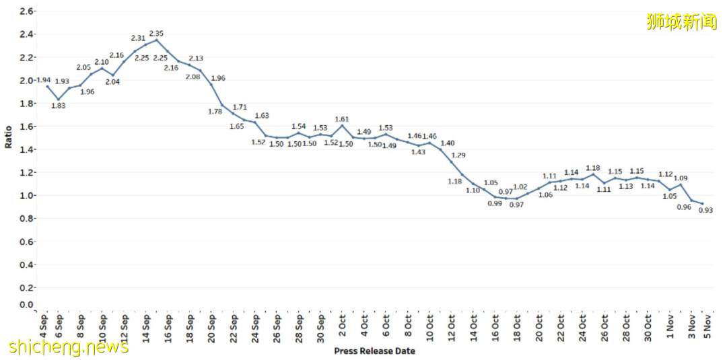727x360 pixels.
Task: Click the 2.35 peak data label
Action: (156, 33)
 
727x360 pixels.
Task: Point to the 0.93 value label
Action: (705, 211)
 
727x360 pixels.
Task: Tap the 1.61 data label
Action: (342, 119)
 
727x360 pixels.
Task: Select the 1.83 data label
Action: (59, 106)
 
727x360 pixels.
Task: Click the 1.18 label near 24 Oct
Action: (593, 168)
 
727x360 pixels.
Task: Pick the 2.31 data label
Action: (138, 38)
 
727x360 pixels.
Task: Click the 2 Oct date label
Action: (342, 326)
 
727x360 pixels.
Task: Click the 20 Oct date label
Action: (539, 327)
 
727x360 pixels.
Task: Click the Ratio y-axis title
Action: (9, 137)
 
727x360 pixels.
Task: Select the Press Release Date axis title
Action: (374, 351)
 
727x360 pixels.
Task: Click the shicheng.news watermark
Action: (69, 347)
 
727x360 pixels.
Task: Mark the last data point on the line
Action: (703, 204)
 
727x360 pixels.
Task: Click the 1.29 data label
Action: (458, 155)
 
